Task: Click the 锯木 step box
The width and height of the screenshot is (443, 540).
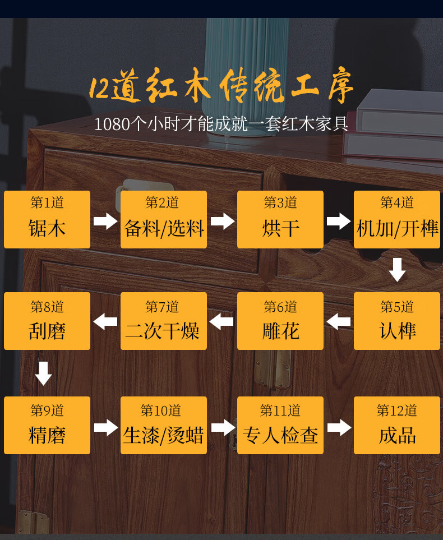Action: pyautogui.click(x=47, y=219)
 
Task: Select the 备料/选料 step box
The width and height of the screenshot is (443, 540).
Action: pyautogui.click(x=164, y=219)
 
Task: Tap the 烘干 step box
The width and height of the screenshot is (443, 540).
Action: pyautogui.click(x=280, y=219)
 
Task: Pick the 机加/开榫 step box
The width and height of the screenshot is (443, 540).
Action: pyautogui.click(x=397, y=219)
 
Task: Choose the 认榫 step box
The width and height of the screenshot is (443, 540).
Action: pyautogui.click(x=397, y=321)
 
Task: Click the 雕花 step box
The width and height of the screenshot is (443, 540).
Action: pyautogui.click(x=280, y=321)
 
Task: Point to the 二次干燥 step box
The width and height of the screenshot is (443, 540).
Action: pyautogui.click(x=164, y=321)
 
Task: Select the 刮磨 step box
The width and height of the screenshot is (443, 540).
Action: pyautogui.click(x=47, y=321)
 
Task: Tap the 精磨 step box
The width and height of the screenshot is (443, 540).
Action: pyautogui.click(x=47, y=425)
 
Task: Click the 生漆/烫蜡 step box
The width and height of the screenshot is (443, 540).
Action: pyautogui.click(x=164, y=425)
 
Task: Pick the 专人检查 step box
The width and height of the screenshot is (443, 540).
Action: pyautogui.click(x=280, y=425)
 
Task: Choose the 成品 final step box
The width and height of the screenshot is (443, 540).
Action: pyautogui.click(x=397, y=425)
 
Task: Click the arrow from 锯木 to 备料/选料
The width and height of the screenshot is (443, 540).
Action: pyautogui.click(x=105, y=221)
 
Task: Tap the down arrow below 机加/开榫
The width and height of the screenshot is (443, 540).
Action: pyautogui.click(x=397, y=270)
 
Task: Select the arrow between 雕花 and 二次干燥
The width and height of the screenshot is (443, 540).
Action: pyautogui.click(x=221, y=322)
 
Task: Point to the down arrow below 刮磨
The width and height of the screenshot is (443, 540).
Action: pyautogui.click(x=43, y=373)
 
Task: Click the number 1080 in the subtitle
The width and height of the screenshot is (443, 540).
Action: pyautogui.click(x=112, y=124)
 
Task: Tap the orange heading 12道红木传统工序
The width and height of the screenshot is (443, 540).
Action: pyautogui.click(x=221, y=87)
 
